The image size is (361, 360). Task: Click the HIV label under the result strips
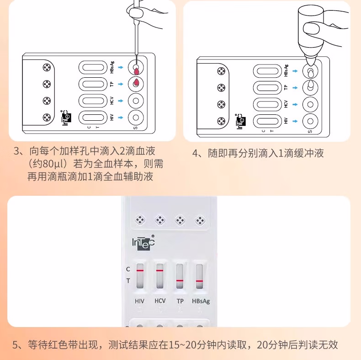coord(139,301)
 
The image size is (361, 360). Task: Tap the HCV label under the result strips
coord(160,301)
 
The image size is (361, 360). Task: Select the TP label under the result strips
coord(180,301)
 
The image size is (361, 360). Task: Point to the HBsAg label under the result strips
coord(201,301)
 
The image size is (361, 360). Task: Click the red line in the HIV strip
coord(140,270)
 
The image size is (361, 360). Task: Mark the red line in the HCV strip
coord(159,270)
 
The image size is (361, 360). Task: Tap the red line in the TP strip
coord(180,280)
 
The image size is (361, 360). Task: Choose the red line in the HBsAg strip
coord(199,280)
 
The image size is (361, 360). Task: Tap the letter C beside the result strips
coord(128,269)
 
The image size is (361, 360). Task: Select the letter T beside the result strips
coord(128,280)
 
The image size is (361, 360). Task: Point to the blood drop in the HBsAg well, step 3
coord(136,70)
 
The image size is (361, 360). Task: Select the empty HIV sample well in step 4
coord(310,121)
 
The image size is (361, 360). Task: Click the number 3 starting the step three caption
coord(17,150)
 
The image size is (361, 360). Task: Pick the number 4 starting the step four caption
coord(195,154)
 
